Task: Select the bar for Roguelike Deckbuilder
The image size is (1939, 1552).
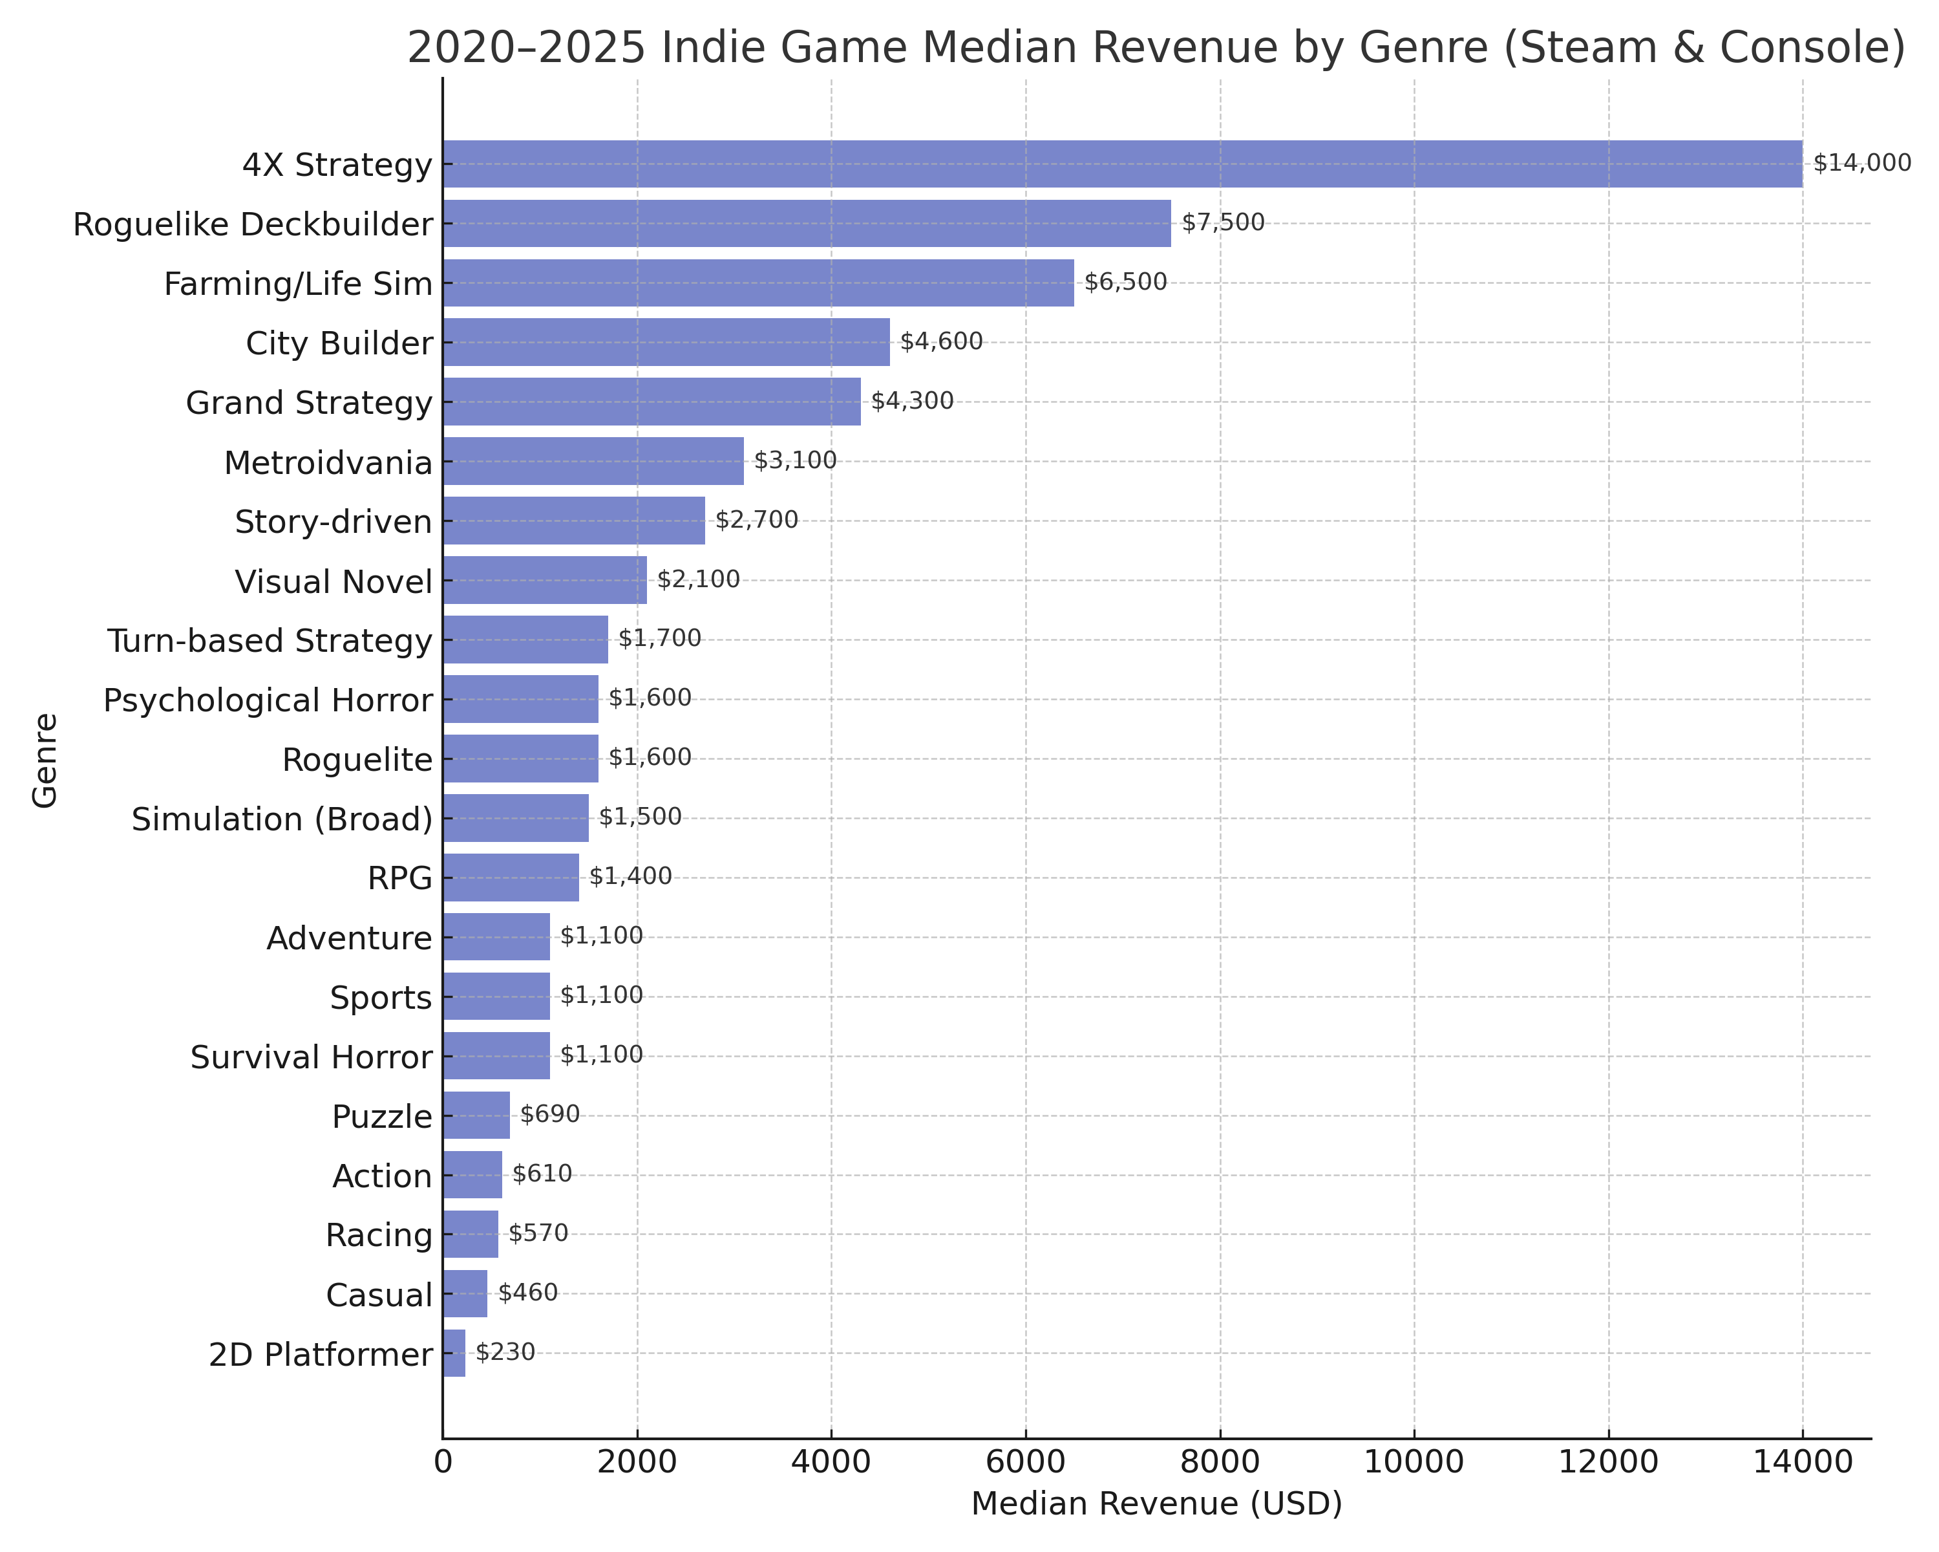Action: tap(806, 223)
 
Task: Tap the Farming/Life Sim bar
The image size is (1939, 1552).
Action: tap(758, 283)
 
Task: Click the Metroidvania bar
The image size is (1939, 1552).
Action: tap(593, 460)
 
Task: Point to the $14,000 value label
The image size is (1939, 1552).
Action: tap(1861, 163)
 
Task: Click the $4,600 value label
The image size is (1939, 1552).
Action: tap(940, 342)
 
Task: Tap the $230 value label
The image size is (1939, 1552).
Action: tap(505, 1352)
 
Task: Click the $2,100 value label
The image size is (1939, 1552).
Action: tap(698, 579)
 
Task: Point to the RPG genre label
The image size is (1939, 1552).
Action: tap(400, 878)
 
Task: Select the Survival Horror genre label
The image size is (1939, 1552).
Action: tap(311, 1057)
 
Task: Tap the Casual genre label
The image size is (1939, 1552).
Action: tap(379, 1295)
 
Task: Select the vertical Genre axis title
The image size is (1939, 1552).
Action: tap(45, 760)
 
